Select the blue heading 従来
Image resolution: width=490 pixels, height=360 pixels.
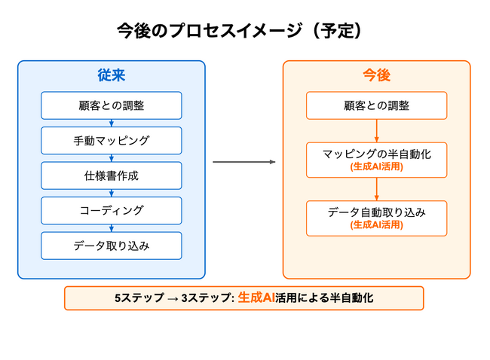pyautogui.click(x=112, y=76)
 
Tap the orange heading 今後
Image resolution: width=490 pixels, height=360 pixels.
pyautogui.click(x=376, y=76)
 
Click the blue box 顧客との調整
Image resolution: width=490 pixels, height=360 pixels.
pyautogui.click(x=112, y=105)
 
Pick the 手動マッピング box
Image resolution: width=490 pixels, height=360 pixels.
pyautogui.click(x=112, y=140)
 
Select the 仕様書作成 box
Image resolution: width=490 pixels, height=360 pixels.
pyautogui.click(x=112, y=175)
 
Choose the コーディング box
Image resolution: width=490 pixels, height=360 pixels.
pyautogui.click(x=112, y=210)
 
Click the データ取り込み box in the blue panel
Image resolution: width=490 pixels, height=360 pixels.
pyautogui.click(x=112, y=246)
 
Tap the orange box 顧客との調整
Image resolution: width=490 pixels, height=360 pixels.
pyautogui.click(x=376, y=105)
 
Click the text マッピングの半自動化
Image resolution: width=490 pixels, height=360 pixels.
pyautogui.click(x=376, y=153)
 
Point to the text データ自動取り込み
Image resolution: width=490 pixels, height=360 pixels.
pyautogui.click(x=376, y=212)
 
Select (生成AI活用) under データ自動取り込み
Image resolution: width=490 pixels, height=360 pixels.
pyautogui.click(x=376, y=224)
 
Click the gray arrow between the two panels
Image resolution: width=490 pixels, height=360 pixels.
pyautogui.click(x=243, y=162)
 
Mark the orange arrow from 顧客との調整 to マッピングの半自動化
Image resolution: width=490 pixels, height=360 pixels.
pyautogui.click(x=376, y=130)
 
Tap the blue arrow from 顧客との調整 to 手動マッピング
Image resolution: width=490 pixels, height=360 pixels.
pyautogui.click(x=112, y=123)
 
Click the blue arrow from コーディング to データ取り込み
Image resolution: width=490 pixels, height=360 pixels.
pyautogui.click(x=112, y=228)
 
